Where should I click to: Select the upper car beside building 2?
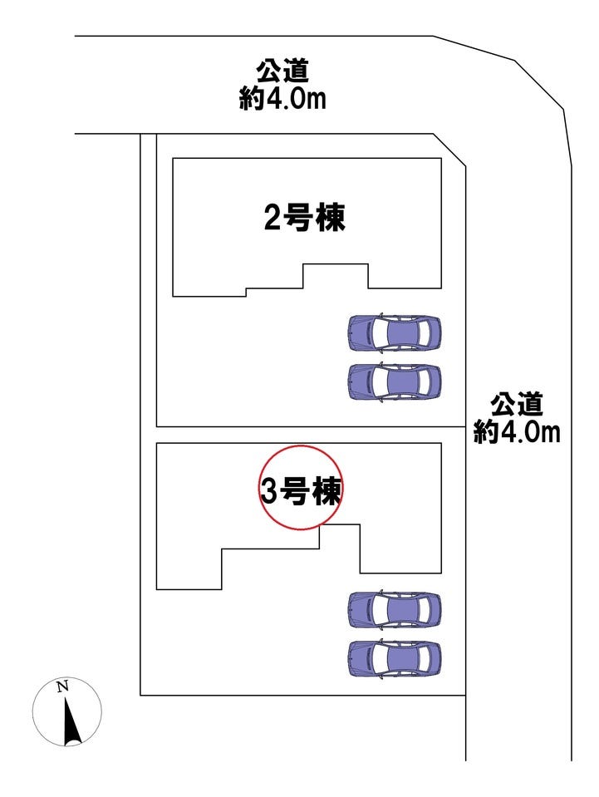[x=394, y=333]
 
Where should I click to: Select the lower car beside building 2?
[x=394, y=382]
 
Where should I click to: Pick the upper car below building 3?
[x=394, y=610]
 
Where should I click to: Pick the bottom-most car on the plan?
[x=394, y=659]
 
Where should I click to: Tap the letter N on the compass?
[x=62, y=686]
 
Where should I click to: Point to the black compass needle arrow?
[x=70, y=721]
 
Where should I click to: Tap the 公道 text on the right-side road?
[x=517, y=405]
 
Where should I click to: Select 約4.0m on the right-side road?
[x=517, y=432]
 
